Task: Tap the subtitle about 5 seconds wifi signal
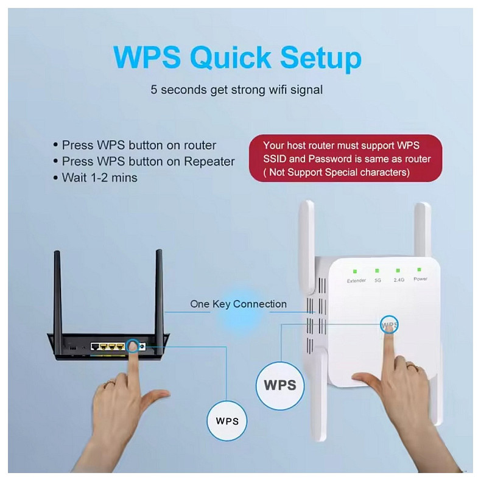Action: pos(237,90)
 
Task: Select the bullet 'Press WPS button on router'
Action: pos(139,146)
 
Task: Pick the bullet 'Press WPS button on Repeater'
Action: pos(148,161)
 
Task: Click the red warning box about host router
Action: pos(346,159)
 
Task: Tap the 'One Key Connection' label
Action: pos(238,304)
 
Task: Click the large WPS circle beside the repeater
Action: pos(279,384)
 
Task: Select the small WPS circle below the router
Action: pos(226,420)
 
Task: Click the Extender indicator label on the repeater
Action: pos(356,280)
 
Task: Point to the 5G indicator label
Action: pos(377,280)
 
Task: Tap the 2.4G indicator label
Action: pos(399,280)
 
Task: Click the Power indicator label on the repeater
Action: pos(420,279)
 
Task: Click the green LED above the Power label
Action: pos(420,269)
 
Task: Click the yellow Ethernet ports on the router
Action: pos(108,346)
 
